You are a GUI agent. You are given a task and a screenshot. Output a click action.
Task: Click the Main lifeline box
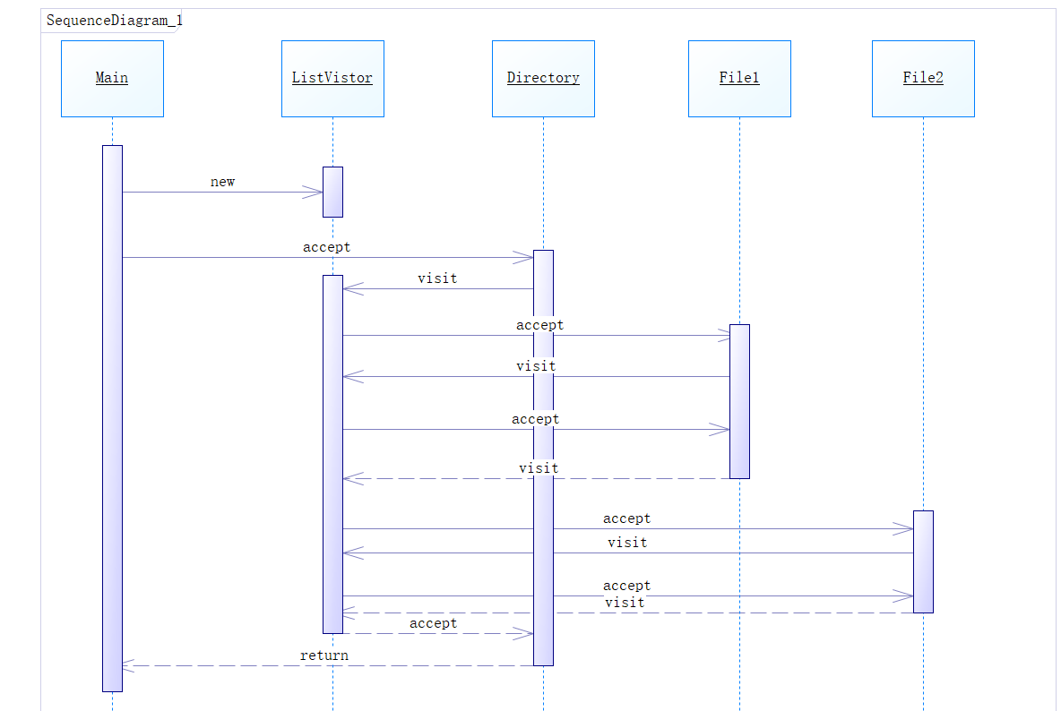tap(112, 79)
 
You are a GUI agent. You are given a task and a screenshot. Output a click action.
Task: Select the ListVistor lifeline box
tap(333, 79)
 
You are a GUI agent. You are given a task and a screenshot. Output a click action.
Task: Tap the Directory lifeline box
tap(543, 79)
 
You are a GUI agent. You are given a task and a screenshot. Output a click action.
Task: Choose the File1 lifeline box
tap(739, 79)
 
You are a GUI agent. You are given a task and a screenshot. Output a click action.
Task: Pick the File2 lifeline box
tap(923, 79)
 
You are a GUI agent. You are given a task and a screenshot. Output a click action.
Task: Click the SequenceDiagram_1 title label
tap(115, 21)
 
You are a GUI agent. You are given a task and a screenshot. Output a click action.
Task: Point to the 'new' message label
tap(222, 182)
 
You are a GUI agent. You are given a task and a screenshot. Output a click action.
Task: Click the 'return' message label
tap(324, 655)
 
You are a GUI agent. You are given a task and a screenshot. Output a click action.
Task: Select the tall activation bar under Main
tap(112, 418)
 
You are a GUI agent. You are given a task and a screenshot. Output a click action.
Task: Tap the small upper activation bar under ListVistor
tap(333, 192)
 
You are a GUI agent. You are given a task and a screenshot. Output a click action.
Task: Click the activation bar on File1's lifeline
tap(739, 401)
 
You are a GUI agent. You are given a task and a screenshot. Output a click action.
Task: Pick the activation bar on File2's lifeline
tap(923, 561)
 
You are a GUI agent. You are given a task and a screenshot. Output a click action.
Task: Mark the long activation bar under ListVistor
tap(333, 454)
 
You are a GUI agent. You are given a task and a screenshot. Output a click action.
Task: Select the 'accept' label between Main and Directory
tap(327, 247)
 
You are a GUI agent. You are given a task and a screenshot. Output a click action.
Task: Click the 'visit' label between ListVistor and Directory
tap(437, 278)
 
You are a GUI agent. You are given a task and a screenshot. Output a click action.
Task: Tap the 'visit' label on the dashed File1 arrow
tap(539, 468)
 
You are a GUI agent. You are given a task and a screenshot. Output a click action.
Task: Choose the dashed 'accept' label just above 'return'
tap(433, 623)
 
